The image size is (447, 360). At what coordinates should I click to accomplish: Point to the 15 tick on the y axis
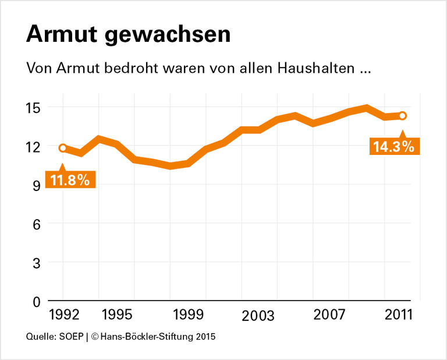point(32,107)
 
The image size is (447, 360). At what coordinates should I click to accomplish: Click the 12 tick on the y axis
point(32,146)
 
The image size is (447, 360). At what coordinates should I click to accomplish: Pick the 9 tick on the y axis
point(35,185)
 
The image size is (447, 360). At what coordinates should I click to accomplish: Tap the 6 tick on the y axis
point(35,224)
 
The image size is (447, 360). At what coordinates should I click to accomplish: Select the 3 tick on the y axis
point(35,263)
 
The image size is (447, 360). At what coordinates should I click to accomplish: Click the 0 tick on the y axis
point(35,302)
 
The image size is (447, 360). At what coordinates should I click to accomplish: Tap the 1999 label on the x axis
point(187,315)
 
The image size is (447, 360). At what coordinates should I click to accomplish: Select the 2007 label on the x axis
point(329,315)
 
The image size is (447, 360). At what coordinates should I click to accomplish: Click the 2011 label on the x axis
point(399,315)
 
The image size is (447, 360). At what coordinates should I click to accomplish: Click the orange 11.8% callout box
point(70,179)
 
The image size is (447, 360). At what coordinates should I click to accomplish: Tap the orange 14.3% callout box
point(394,146)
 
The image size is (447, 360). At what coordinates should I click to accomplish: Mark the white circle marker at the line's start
point(63,148)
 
